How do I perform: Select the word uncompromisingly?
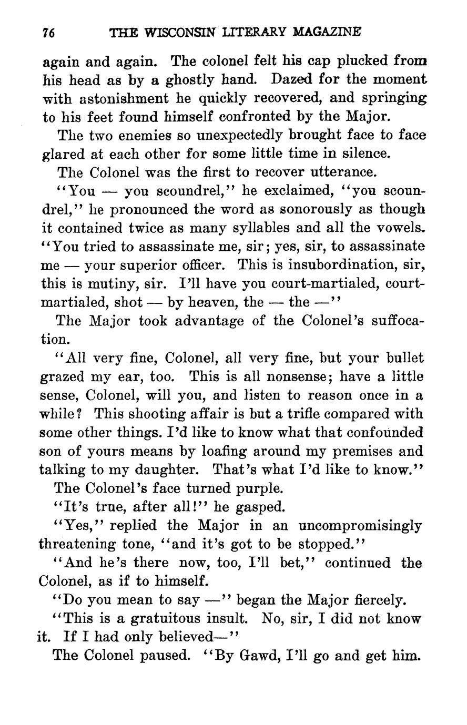click(x=360, y=526)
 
